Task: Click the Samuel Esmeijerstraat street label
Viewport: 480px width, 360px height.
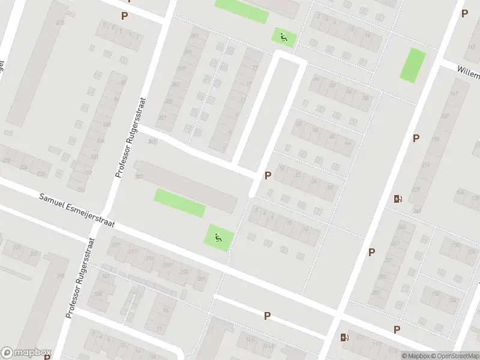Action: click(x=76, y=211)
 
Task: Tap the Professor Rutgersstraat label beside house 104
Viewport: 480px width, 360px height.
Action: click(x=130, y=137)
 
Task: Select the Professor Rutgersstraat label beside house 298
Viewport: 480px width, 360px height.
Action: click(x=81, y=277)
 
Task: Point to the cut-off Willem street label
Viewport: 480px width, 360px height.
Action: click(x=468, y=74)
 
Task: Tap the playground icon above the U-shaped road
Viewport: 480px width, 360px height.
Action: click(x=283, y=37)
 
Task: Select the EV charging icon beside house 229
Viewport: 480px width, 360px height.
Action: click(x=397, y=199)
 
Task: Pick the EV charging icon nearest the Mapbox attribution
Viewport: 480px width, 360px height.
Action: click(x=344, y=338)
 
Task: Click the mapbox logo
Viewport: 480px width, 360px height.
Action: click(x=26, y=353)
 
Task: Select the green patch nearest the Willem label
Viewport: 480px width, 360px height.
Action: click(x=413, y=65)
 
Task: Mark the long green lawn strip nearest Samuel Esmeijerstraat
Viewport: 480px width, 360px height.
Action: click(x=180, y=203)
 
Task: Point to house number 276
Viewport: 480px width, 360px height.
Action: click(x=60, y=22)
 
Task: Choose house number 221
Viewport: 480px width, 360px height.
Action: click(x=116, y=245)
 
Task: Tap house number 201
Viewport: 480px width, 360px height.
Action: click(x=202, y=279)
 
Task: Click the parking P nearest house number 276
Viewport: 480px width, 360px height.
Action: click(x=124, y=16)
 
